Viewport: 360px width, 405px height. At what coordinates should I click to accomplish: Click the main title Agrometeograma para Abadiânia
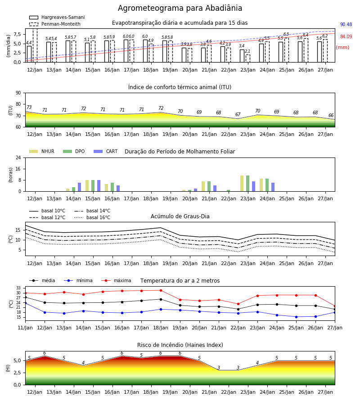click(x=180, y=8)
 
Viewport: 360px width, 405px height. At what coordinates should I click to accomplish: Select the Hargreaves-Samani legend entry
click(x=57, y=17)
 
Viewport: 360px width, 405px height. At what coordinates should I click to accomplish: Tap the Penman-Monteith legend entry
click(x=55, y=24)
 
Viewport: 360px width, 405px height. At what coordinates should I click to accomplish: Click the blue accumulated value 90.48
click(x=346, y=25)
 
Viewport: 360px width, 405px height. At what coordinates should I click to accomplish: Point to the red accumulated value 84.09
click(x=346, y=37)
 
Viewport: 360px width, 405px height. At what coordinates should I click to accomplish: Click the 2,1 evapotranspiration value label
click(x=247, y=51)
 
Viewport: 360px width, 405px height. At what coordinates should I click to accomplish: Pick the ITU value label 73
click(x=29, y=107)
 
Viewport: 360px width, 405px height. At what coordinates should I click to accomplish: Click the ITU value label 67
click(x=238, y=114)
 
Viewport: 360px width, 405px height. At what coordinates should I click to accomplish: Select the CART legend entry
click(x=105, y=151)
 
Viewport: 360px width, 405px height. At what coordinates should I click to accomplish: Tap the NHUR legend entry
click(x=41, y=151)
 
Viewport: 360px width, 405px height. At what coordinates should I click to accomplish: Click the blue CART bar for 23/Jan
click(x=254, y=186)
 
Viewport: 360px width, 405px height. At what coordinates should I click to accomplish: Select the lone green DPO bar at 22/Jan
click(x=228, y=191)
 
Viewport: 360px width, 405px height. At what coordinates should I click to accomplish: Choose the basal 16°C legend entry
click(x=92, y=217)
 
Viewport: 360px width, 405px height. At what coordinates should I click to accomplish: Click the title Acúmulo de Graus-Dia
click(x=180, y=216)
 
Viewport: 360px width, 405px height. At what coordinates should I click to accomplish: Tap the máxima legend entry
click(x=116, y=280)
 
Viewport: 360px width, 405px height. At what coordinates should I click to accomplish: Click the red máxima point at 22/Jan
click(x=238, y=304)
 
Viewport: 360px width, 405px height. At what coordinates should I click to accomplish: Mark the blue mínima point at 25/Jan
click(x=296, y=317)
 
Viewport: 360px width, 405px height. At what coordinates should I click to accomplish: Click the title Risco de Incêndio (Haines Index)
click(x=180, y=345)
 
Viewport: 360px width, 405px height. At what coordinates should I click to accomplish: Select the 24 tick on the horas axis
click(x=18, y=157)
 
